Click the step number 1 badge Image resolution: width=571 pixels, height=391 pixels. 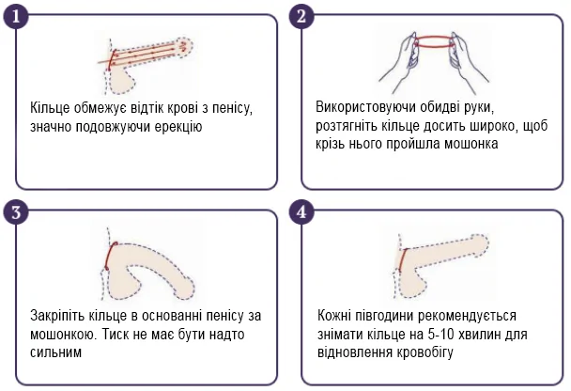(16, 16)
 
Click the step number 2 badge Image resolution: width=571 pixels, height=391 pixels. (301, 16)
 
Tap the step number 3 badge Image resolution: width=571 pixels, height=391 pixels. (16, 212)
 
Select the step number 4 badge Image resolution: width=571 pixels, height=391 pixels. (301, 212)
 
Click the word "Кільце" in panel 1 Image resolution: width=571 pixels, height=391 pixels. (50, 108)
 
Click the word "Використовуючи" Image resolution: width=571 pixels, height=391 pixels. (365, 107)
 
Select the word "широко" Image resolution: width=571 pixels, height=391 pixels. (493, 126)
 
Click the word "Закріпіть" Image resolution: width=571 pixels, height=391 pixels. (56, 316)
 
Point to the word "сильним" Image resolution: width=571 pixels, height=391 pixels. (55, 352)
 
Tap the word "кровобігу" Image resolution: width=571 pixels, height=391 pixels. (424, 352)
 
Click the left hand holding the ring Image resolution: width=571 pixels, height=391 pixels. (400, 58)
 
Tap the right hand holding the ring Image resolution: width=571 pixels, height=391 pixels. (468, 58)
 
